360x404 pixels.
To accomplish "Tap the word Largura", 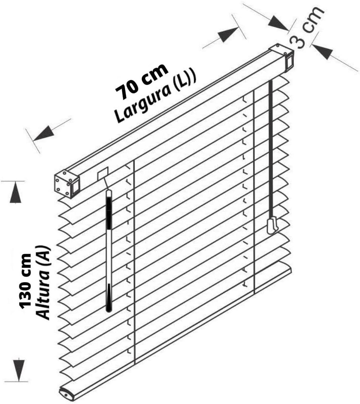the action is click(143, 102).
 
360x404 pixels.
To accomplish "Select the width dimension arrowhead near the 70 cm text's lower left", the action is click(43, 134).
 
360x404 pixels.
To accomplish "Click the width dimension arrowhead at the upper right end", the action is click(228, 34).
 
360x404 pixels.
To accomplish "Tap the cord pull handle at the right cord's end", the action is click(273, 225).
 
